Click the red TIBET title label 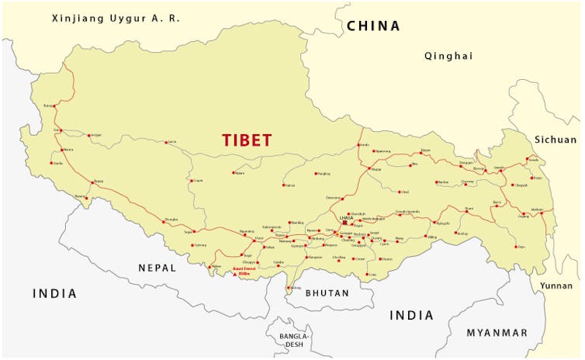pos(247,140)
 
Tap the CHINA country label pos(373,26)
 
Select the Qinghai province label pos(448,56)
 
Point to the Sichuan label pos(556,140)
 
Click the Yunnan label pos(556,286)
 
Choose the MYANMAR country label pos(497,333)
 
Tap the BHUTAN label pos(327,293)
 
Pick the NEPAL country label pos(157,268)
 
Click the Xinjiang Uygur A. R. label pos(115,17)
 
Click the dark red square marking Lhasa pos(344,223)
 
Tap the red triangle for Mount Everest pos(235,273)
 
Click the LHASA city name pos(345,216)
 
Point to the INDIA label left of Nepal pos(54,293)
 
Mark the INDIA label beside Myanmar pos(411,315)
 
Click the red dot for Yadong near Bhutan pos(289,288)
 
